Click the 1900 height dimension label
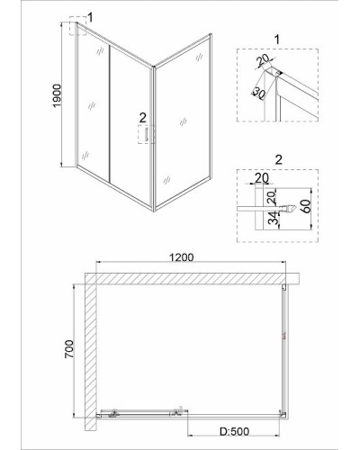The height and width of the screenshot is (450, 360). click(57, 95)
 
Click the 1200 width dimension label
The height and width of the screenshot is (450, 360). click(181, 257)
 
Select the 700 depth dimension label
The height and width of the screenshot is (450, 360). click(69, 349)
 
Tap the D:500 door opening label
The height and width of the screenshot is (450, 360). click(234, 431)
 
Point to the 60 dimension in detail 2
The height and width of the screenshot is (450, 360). click(307, 205)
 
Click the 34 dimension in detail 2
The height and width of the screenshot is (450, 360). click(273, 218)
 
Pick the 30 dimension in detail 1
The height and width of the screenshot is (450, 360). click(258, 94)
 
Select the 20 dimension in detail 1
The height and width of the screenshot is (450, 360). click(264, 61)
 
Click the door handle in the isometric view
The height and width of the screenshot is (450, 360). click(146, 134)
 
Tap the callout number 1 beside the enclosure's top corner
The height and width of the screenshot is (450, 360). click(90, 17)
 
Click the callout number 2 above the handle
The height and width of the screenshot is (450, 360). click(142, 118)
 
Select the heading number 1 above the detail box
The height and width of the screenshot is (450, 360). click(277, 40)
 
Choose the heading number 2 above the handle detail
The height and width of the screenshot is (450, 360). click(278, 159)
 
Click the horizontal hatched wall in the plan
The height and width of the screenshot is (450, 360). click(192, 278)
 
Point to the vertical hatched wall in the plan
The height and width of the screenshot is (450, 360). click(90, 352)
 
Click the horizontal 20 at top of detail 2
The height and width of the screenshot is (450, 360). click(262, 178)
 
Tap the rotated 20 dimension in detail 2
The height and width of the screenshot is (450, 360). click(272, 197)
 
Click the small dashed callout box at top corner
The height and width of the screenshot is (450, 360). click(77, 25)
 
